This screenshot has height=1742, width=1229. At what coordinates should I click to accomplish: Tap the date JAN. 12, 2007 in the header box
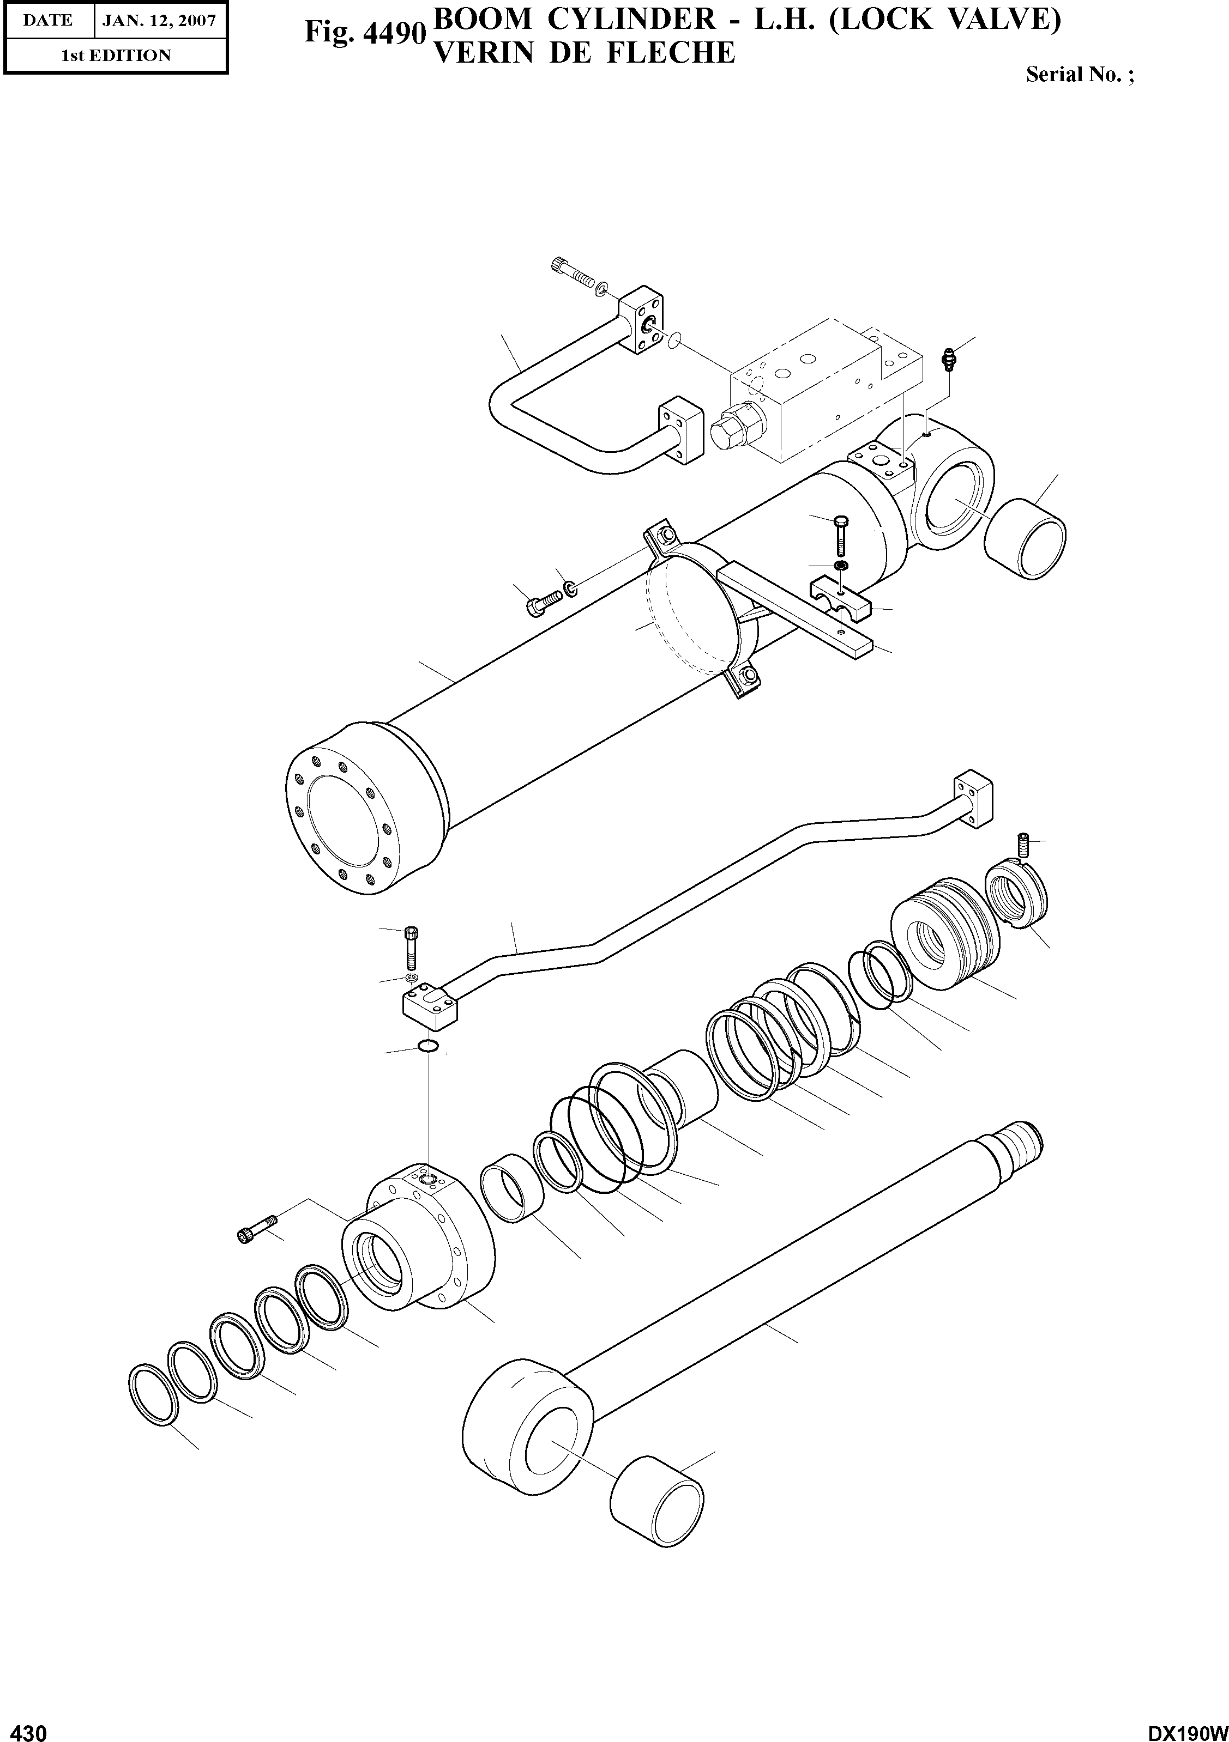pos(159,21)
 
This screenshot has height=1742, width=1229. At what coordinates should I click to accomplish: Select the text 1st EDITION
pos(116,56)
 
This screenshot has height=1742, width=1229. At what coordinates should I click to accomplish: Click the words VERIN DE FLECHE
pos(583,53)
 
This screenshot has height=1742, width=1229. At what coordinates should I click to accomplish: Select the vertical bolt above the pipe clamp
pos(842,536)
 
